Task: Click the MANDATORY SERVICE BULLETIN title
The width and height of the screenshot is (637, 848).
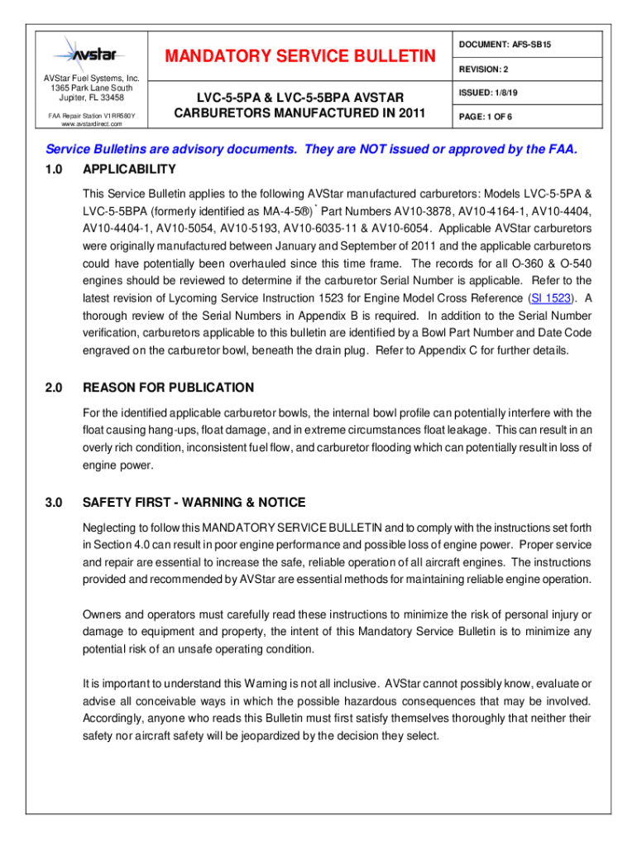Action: [x=299, y=56]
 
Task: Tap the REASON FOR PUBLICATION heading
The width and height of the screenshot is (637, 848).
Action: [x=169, y=388]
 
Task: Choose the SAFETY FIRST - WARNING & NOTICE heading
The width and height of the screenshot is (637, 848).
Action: [x=194, y=503]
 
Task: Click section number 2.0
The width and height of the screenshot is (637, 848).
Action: [x=51, y=388]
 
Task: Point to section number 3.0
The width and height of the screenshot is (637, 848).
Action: [x=51, y=503]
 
